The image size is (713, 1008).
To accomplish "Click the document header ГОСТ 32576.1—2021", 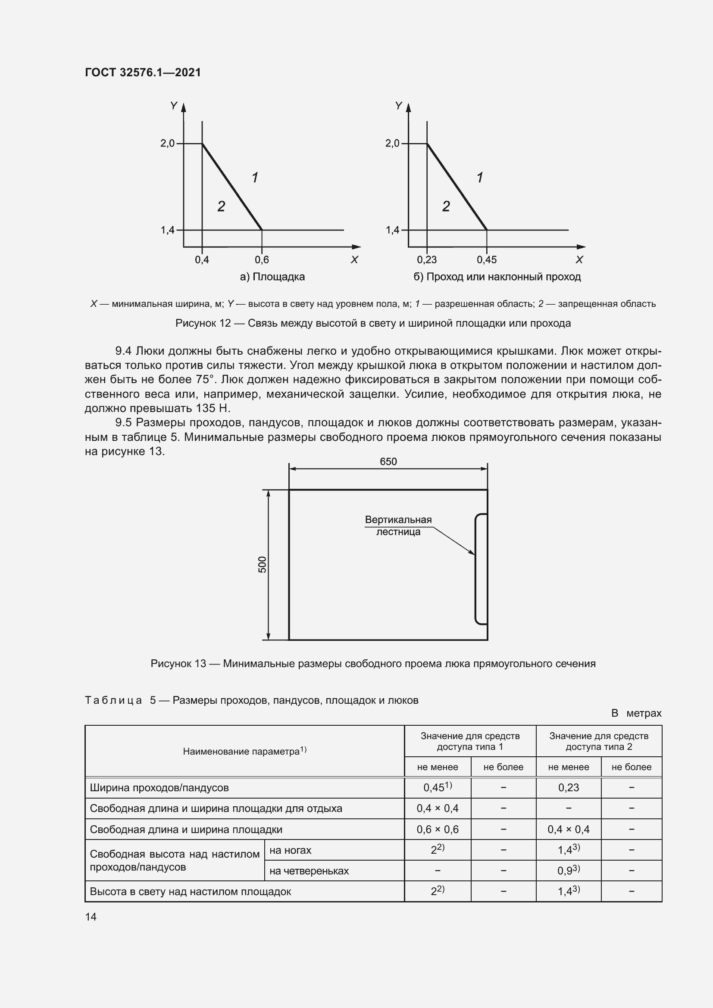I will click(143, 72).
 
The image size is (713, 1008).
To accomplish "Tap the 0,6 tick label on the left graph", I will click(262, 260).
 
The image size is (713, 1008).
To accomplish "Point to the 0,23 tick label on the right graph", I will click(427, 260).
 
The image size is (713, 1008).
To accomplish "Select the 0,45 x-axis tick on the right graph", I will click(486, 260).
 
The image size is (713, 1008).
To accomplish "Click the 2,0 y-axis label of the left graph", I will click(167, 143).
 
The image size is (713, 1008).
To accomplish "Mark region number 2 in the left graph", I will click(221, 206).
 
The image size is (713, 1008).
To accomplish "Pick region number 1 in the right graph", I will click(480, 178).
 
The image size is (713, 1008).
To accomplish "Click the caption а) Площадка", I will click(272, 277).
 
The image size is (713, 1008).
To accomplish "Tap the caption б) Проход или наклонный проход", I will click(497, 277).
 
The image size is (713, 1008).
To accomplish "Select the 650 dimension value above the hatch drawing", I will click(388, 462).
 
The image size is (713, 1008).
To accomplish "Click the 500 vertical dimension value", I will click(262, 564).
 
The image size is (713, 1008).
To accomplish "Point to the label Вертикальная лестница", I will click(398, 525).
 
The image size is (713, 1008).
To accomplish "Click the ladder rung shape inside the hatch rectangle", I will click(481, 568).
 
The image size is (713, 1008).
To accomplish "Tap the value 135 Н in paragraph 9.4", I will click(213, 408).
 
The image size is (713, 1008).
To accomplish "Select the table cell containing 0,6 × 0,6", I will click(437, 829).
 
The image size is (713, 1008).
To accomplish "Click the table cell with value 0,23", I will click(568, 788).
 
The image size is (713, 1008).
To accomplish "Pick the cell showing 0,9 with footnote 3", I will click(568, 870).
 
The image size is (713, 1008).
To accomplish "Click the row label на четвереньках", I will click(309, 871).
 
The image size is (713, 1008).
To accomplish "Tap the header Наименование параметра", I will click(244, 751).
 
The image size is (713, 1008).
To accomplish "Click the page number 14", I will click(91, 917).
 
